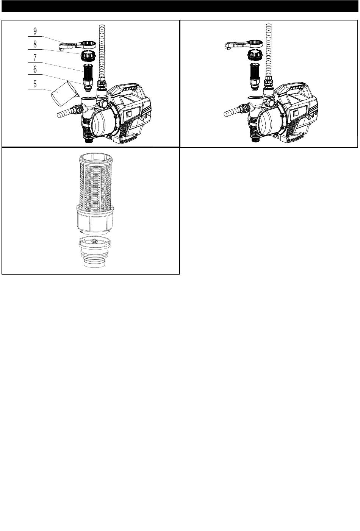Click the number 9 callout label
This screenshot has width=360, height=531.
pyautogui.click(x=35, y=31)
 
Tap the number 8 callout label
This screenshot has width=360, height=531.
pyautogui.click(x=35, y=44)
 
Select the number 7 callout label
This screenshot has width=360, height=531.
pyautogui.click(x=35, y=58)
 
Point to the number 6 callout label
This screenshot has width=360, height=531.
pyautogui.click(x=35, y=69)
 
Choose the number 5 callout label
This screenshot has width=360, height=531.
pyautogui.click(x=35, y=84)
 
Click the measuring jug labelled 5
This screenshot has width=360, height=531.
pyautogui.click(x=63, y=94)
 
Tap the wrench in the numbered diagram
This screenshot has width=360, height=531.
pyautogui.click(x=77, y=45)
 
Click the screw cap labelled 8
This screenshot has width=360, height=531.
pyautogui.click(x=88, y=55)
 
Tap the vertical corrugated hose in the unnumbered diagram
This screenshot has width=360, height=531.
pyautogui.click(x=269, y=52)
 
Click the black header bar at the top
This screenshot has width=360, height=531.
pyautogui.click(x=180, y=6)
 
